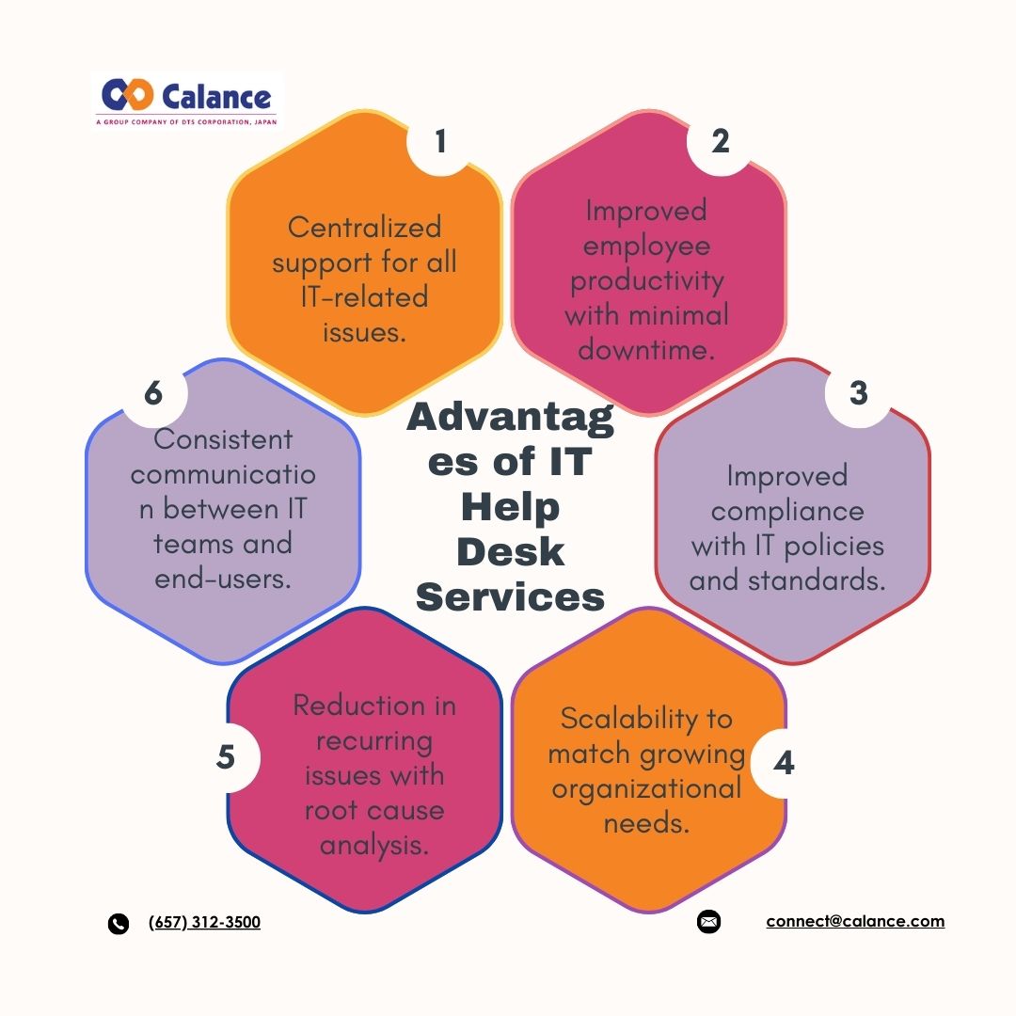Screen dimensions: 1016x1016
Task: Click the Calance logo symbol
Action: click(128, 95)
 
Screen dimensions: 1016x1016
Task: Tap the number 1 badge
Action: click(440, 142)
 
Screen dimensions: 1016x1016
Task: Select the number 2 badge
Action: click(721, 142)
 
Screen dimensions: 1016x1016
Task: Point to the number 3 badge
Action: click(859, 393)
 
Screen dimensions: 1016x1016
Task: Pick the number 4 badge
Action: click(784, 763)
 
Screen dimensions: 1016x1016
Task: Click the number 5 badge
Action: click(226, 757)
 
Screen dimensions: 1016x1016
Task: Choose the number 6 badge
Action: click(153, 393)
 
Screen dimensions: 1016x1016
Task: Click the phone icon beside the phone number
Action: click(118, 924)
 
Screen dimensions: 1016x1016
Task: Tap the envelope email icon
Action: click(709, 921)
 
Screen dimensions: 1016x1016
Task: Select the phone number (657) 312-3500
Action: click(204, 922)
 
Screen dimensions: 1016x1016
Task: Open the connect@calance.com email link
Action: click(855, 921)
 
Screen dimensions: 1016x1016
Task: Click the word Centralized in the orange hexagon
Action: click(365, 228)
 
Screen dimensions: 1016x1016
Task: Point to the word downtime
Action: click(646, 350)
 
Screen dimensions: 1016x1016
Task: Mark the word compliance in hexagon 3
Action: click(787, 512)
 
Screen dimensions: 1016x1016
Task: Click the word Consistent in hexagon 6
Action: click(224, 439)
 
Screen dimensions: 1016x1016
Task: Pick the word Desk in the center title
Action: click(511, 552)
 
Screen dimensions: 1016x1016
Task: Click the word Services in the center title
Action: click(511, 596)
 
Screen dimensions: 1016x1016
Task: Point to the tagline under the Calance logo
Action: click(186, 121)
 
